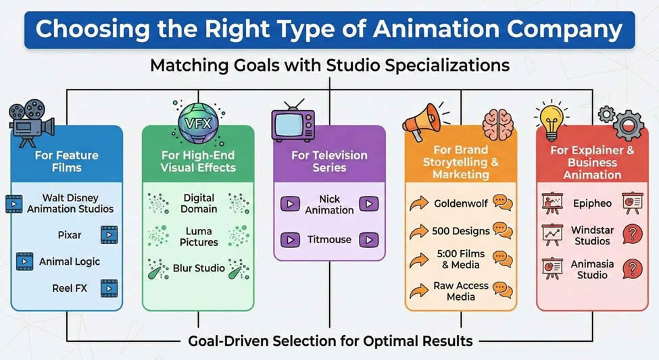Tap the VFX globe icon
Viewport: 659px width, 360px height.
[193, 124]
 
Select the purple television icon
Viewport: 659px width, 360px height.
[293, 123]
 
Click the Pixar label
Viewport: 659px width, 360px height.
[70, 235]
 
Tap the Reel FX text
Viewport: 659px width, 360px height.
[70, 288]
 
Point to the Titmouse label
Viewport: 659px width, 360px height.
[329, 239]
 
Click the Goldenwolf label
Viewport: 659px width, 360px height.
[462, 203]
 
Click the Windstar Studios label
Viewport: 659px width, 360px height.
[591, 236]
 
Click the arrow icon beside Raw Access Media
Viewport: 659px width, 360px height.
[419, 290]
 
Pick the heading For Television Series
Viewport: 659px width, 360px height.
[329, 161]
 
